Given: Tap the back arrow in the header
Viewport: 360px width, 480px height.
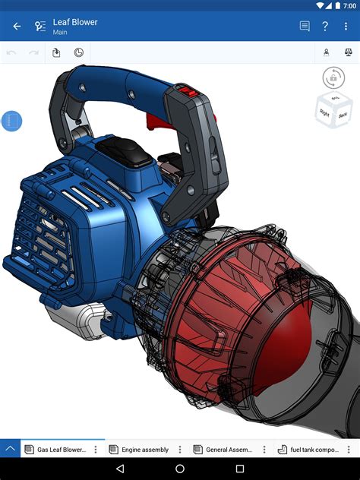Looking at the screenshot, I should click(17, 27).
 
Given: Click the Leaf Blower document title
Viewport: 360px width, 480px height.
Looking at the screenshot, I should click(75, 22).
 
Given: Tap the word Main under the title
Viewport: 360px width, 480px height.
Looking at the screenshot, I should click(61, 33).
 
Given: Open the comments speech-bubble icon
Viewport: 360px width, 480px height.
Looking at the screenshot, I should click(305, 27).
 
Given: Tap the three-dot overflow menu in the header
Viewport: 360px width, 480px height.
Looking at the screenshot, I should click(346, 27).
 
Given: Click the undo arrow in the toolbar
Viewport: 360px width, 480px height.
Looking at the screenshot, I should click(11, 52).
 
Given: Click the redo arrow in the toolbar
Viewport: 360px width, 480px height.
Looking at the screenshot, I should click(33, 52).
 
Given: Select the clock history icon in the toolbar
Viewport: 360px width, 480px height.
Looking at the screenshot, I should click(79, 52).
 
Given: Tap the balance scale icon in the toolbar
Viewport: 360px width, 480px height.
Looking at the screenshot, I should click(349, 52).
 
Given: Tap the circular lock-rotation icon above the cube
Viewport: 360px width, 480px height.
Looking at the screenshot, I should click(333, 77).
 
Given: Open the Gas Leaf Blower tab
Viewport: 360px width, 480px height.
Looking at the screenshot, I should click(61, 450).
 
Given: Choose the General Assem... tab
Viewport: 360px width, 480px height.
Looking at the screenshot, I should click(229, 450).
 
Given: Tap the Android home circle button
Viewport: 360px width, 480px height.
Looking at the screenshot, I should click(180, 469).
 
